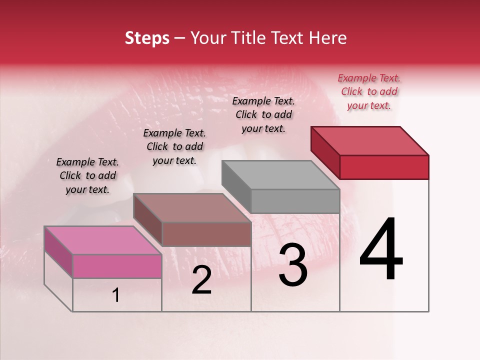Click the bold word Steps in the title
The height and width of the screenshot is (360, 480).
[147, 38]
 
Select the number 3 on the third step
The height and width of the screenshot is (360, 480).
[292, 265]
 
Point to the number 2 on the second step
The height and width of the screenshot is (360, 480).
[201, 280]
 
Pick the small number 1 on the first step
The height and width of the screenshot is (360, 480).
[116, 295]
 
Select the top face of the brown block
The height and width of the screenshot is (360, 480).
[192, 208]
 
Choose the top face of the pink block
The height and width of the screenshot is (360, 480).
[103, 240]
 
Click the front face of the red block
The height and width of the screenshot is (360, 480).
[384, 167]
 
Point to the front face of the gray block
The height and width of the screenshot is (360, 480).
[295, 201]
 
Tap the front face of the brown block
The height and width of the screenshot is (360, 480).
[206, 234]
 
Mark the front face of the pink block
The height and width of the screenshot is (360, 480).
[117, 266]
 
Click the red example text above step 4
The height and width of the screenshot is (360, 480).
[369, 91]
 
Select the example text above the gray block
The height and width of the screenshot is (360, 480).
[263, 114]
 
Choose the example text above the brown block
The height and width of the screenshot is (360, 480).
[174, 146]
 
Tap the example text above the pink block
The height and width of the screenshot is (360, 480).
[87, 175]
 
